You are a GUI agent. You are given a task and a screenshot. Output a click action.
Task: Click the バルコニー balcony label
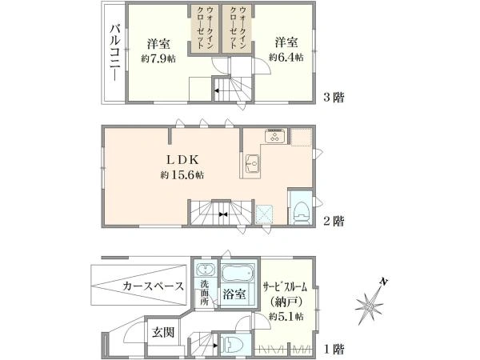114,51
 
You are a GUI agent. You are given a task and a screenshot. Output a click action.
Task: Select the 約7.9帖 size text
156,57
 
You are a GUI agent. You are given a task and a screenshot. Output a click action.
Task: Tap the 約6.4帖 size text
285,57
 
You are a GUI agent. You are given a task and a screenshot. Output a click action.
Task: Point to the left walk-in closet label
203,28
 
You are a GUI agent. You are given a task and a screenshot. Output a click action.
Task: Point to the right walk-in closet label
238,28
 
